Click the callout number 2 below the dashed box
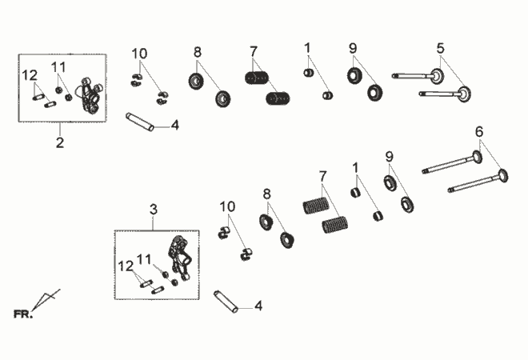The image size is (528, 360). click(60, 142)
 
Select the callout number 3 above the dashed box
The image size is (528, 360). click(154, 210)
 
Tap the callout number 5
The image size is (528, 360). click(441, 49)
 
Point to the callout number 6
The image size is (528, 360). click(479, 131)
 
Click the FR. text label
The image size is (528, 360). click(23, 314)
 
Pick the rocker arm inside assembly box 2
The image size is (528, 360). click(90, 94)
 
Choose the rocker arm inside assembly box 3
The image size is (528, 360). click(180, 258)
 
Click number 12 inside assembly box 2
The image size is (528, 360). click(30, 75)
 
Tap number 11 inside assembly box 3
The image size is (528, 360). click(144, 259)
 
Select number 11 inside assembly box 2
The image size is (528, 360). click(58, 67)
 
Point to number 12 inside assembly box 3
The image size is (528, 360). click(126, 266)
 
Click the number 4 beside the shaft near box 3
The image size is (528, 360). click(258, 306)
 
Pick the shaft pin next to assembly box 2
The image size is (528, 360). click(140, 122)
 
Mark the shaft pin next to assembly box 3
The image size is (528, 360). click(226, 302)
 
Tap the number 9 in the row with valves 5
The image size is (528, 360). click(353, 49)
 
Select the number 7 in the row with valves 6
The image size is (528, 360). click(322, 176)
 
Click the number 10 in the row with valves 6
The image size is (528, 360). click(227, 206)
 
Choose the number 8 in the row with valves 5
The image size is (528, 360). click(198, 52)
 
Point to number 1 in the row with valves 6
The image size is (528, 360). click(355, 167)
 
